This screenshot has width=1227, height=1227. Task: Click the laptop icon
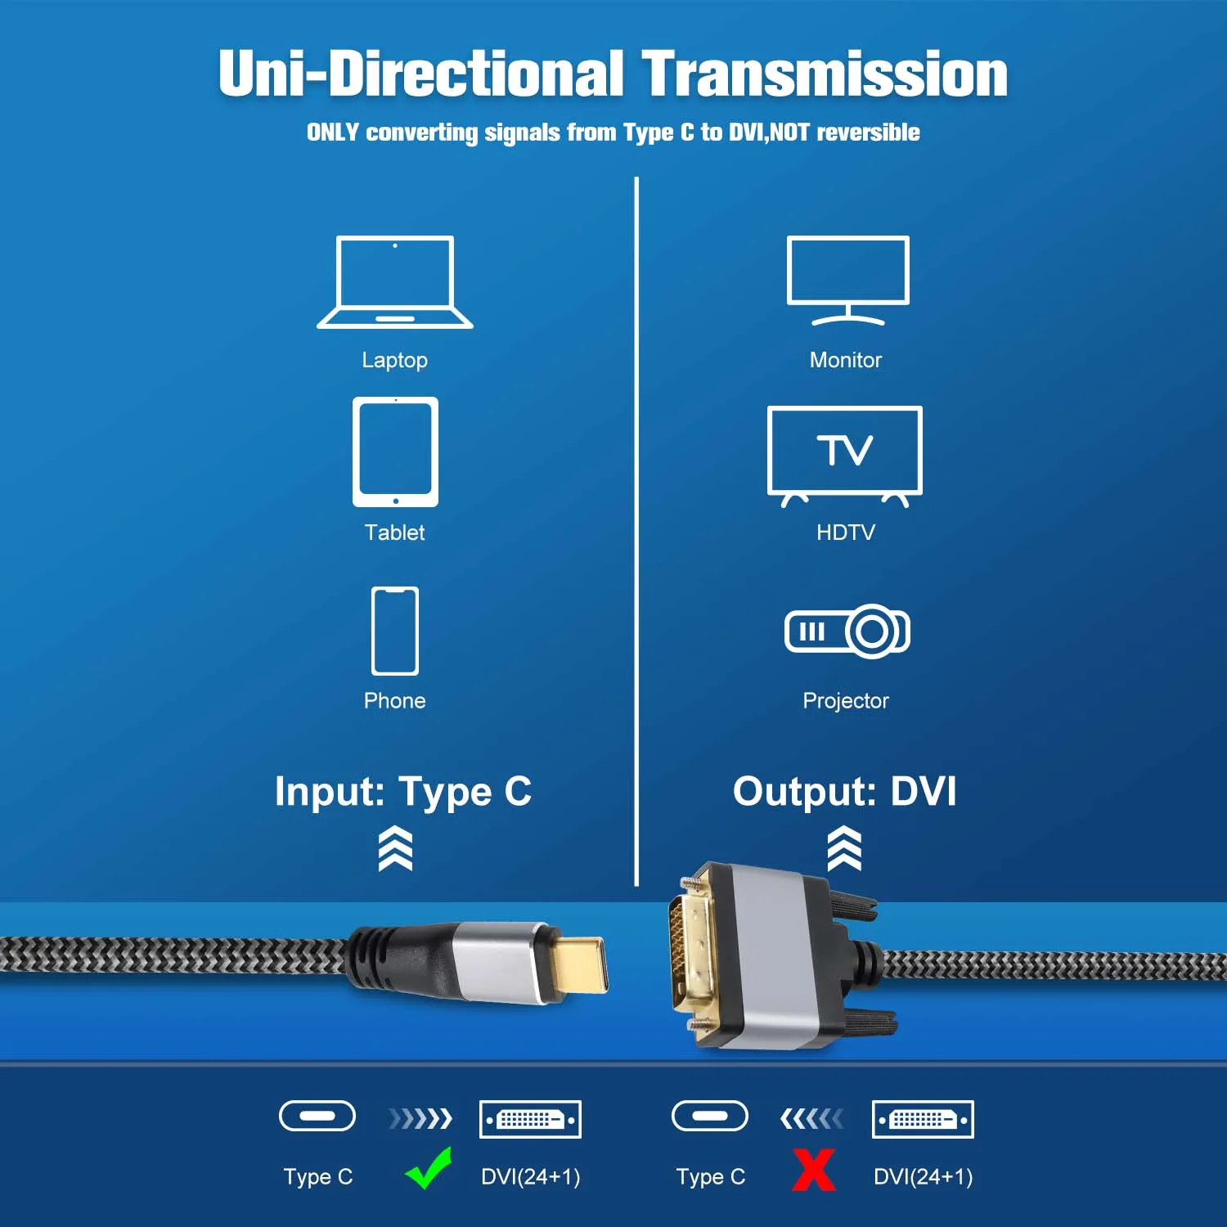(x=395, y=282)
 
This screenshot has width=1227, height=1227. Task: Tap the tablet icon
(x=395, y=452)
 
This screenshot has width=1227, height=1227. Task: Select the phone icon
(x=395, y=631)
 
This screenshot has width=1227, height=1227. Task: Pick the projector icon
(x=847, y=631)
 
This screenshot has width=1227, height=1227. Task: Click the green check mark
(x=429, y=1168)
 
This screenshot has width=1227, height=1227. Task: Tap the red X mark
(x=814, y=1170)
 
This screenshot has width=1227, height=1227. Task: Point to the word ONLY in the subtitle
(x=333, y=133)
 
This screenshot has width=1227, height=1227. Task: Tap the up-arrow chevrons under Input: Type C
(x=395, y=848)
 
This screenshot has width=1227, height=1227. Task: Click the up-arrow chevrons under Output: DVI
(x=845, y=848)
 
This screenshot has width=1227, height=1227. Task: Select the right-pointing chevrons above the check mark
(x=420, y=1118)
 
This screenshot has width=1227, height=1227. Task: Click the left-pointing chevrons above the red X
(x=811, y=1118)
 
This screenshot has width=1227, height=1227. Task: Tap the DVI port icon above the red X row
(x=923, y=1119)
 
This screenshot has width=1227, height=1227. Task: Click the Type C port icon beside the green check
(x=317, y=1116)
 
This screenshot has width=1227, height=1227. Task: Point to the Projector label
(x=845, y=701)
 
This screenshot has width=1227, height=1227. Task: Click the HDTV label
(x=845, y=533)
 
